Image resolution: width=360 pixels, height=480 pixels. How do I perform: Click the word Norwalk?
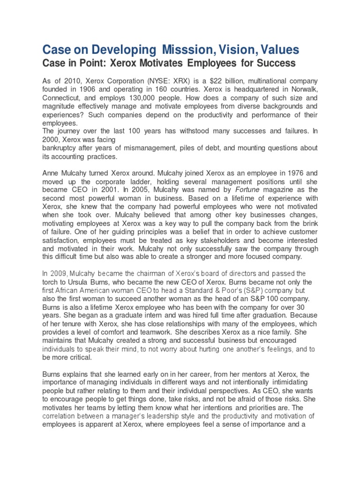(302, 90)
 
